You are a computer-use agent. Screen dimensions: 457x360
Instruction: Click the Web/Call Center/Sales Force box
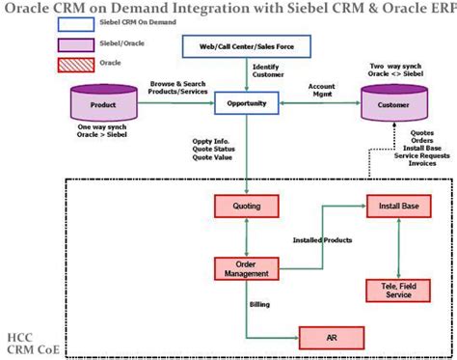point(247,46)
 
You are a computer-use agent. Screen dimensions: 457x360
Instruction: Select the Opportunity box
point(247,103)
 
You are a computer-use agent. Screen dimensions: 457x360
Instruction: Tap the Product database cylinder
point(104,103)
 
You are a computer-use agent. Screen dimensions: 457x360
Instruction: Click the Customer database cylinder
point(394,103)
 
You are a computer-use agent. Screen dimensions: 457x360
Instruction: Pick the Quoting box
point(247,207)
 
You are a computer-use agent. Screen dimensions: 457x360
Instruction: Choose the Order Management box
point(247,268)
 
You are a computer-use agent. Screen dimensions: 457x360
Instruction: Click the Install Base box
point(399,207)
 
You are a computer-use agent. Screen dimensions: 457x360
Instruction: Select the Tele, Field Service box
point(398,291)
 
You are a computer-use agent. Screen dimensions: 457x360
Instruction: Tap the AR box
point(332,338)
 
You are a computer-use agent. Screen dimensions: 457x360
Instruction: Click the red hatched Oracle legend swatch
point(76,65)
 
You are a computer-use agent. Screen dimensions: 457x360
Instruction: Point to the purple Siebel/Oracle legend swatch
point(76,45)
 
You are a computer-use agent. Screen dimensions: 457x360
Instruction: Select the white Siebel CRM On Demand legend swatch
point(76,24)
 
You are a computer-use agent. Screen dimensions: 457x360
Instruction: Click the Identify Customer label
point(268,70)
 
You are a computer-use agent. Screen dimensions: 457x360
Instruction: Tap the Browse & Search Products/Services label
point(177,88)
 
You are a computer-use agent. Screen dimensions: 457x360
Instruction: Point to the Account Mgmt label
point(322,90)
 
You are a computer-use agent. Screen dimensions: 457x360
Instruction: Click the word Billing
point(259,304)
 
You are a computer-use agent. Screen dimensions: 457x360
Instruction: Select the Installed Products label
point(322,240)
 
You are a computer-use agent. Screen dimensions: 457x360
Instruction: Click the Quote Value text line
point(212,157)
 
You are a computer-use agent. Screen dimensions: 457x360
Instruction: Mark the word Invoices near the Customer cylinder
point(422,163)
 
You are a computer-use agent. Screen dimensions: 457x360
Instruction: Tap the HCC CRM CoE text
point(33,344)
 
